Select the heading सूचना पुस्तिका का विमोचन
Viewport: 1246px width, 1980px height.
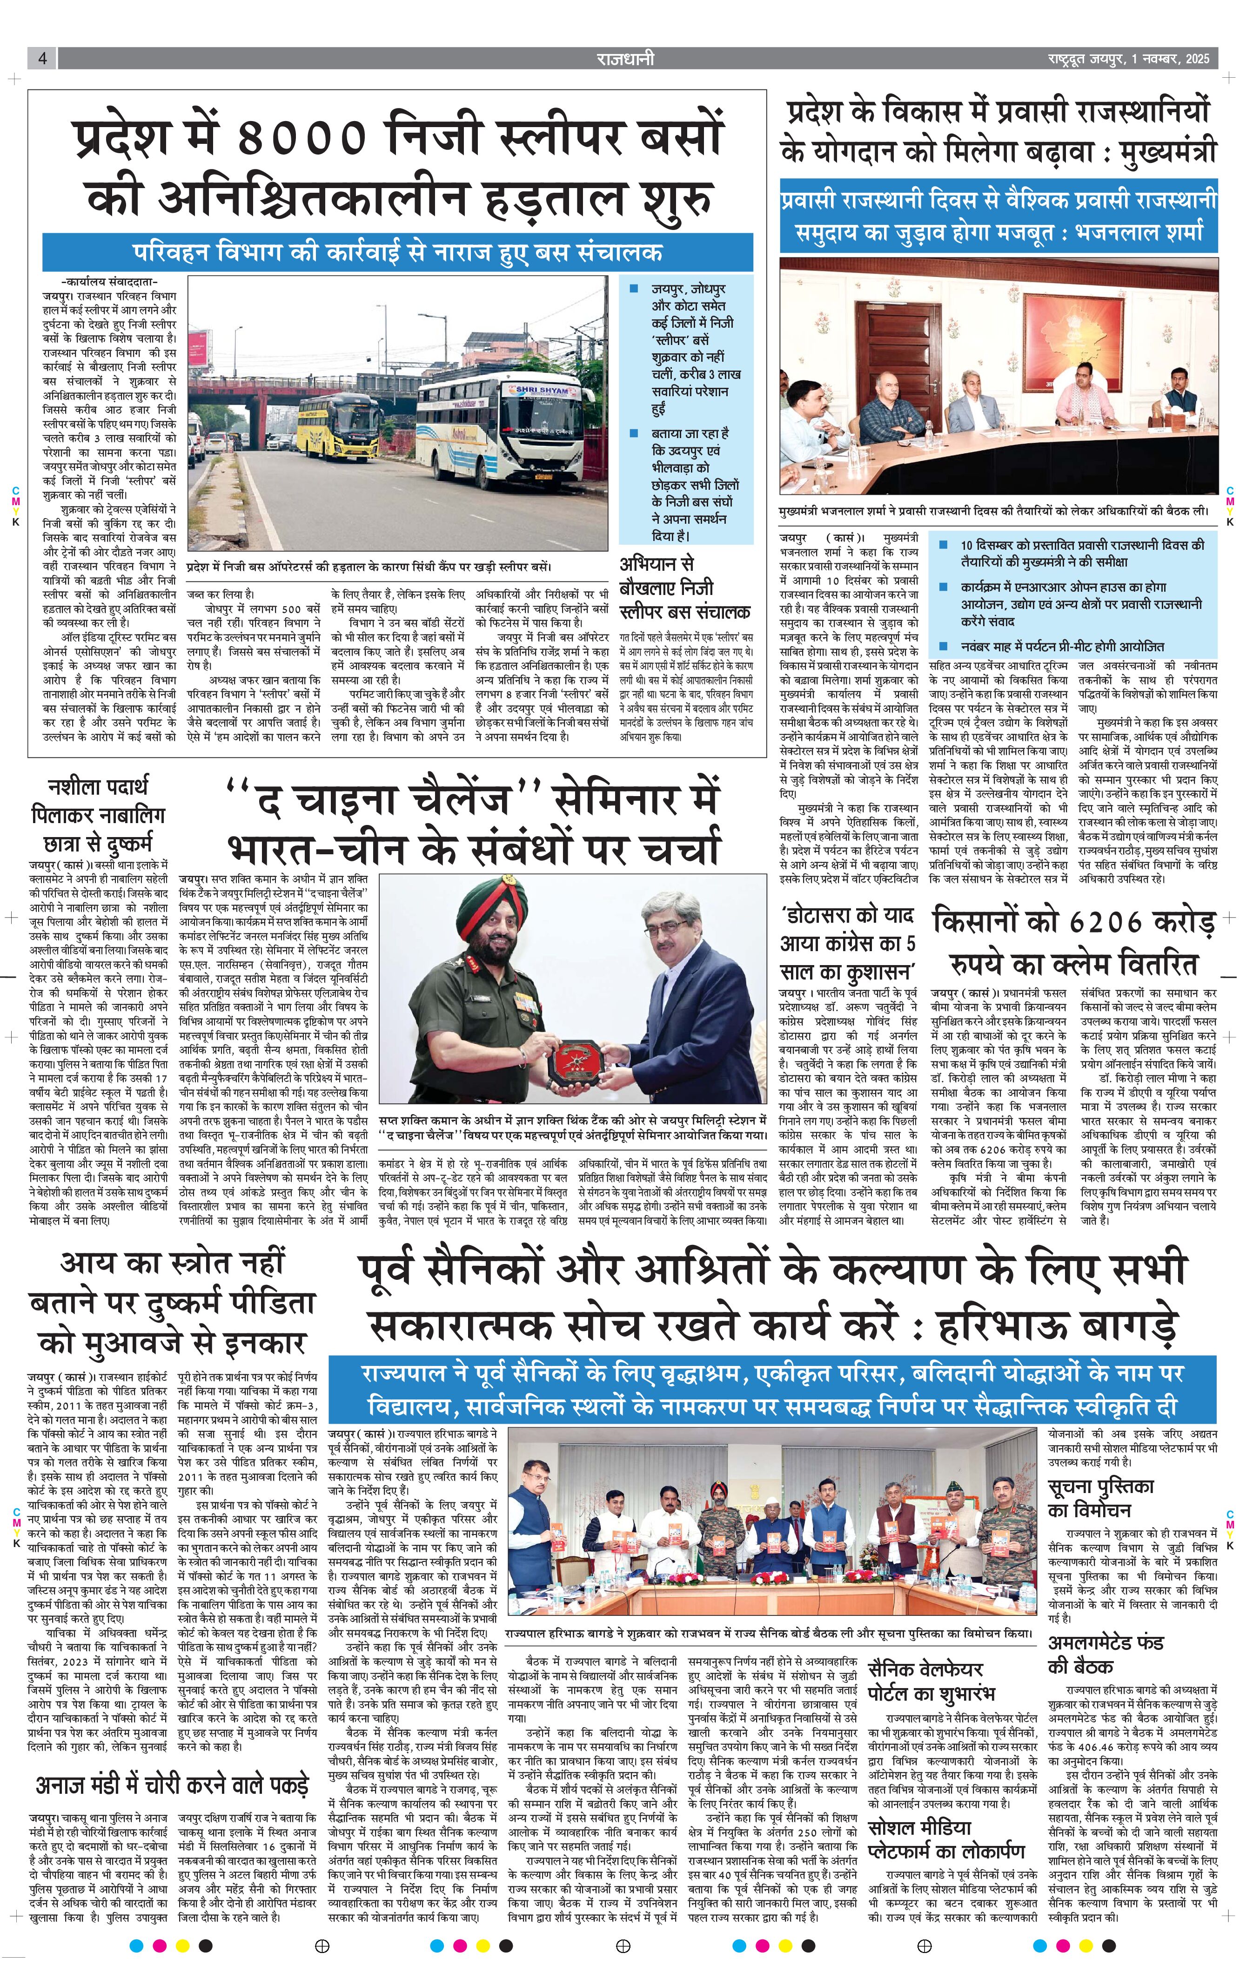tap(1101, 1498)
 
